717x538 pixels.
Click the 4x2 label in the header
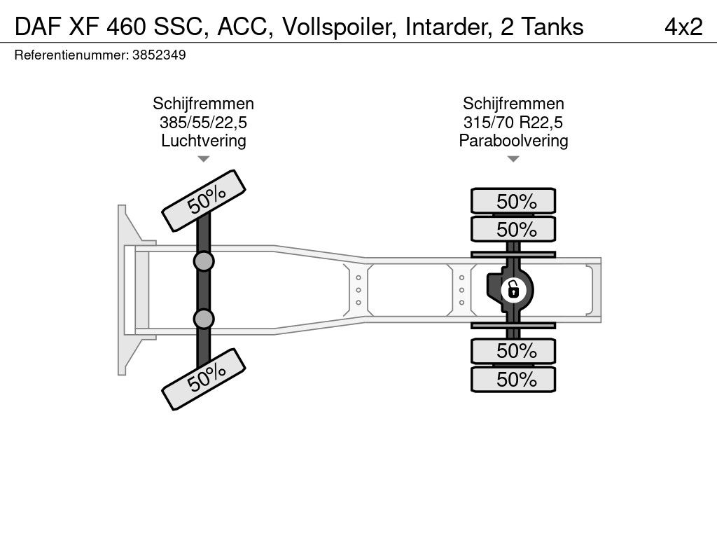683,27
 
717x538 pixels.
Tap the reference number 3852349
159,55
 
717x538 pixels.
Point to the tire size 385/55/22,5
204,123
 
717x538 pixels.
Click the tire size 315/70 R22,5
513,123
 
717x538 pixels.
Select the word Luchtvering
204,141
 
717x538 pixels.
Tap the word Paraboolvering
513,141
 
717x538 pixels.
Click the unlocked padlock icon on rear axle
513,290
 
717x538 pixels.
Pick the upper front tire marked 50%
204,200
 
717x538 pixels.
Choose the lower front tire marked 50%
204,379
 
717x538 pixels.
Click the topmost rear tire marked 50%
513,201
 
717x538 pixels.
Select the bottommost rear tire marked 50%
513,379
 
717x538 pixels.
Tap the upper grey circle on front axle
204,262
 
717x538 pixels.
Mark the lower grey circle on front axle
204,319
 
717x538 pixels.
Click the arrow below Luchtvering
204,159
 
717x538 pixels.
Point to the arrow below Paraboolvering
513,159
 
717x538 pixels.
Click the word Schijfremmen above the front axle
204,104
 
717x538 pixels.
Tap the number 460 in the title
127,27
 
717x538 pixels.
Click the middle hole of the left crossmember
358,290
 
